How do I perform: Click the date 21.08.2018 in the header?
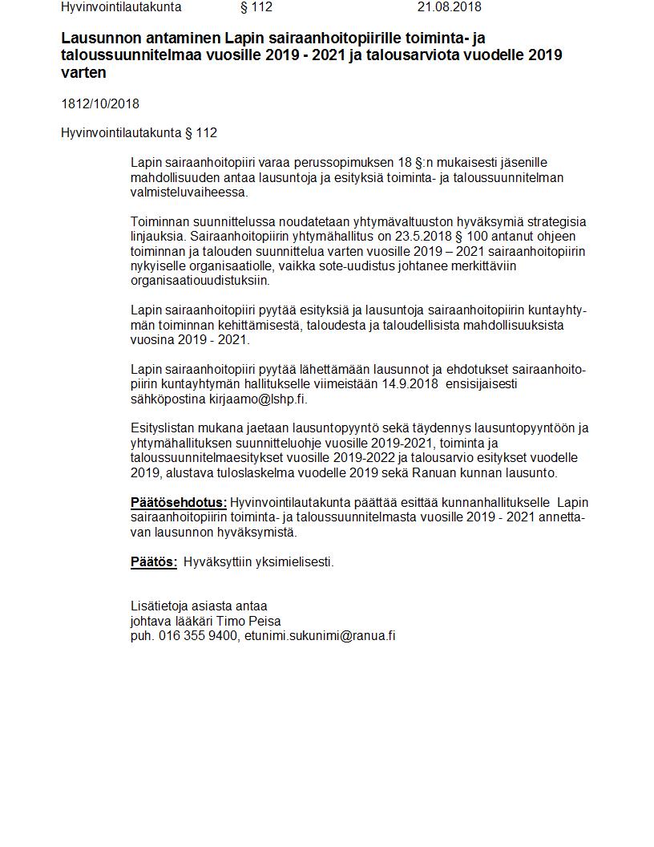pos(449,7)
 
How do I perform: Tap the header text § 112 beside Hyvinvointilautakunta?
pos(256,7)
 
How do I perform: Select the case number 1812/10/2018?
pos(100,103)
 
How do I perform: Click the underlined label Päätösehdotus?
pos(179,503)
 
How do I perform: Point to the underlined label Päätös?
pos(154,562)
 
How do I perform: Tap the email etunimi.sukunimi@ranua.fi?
pos(320,636)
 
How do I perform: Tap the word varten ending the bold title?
pos(83,72)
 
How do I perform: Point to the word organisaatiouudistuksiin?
pos(200,281)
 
